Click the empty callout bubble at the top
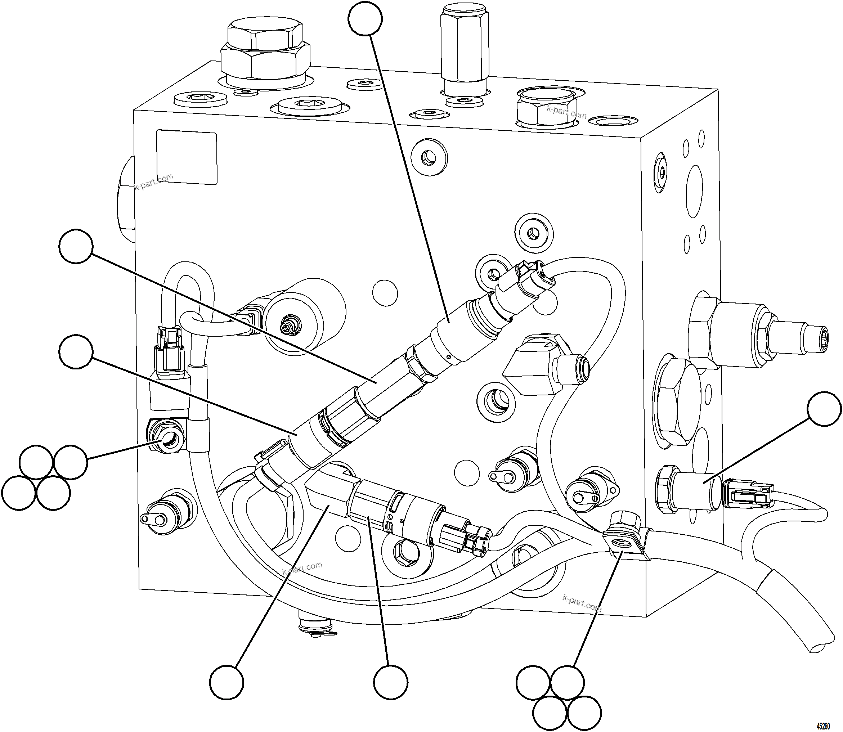(x=365, y=18)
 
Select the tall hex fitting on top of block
(x=465, y=45)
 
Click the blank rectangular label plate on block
(x=187, y=157)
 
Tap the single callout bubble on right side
(x=824, y=409)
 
